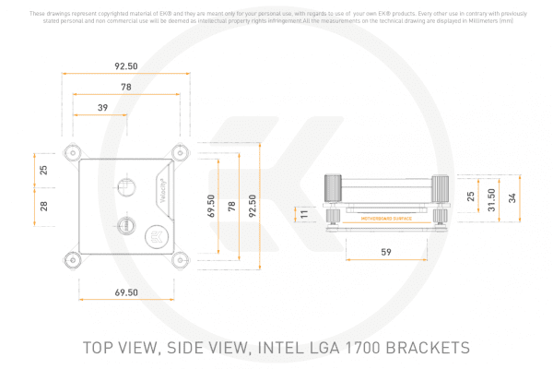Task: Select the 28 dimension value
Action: coord(42,205)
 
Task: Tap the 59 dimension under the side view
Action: coord(385,251)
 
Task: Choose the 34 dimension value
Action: coord(512,198)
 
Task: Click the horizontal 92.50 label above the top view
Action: coord(126,66)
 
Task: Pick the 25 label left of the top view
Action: coord(42,171)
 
